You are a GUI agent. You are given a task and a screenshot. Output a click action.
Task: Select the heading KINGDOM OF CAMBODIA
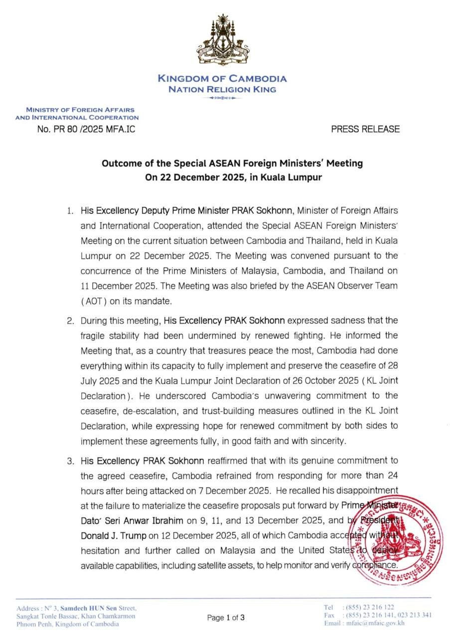222,78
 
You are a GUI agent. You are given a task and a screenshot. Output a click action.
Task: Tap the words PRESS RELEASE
365,129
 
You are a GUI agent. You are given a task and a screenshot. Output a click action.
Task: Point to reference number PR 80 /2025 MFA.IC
86,129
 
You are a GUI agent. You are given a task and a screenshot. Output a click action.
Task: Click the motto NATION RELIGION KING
222,90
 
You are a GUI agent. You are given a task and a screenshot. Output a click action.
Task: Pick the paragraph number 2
70,320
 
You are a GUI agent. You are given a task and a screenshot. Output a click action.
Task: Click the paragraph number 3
70,461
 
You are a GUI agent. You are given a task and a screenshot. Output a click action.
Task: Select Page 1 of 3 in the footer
226,618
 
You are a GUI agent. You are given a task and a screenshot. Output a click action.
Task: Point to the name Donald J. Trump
113,536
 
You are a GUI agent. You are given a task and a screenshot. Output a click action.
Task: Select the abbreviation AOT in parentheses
91,302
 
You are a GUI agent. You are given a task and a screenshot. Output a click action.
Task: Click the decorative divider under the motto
222,98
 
